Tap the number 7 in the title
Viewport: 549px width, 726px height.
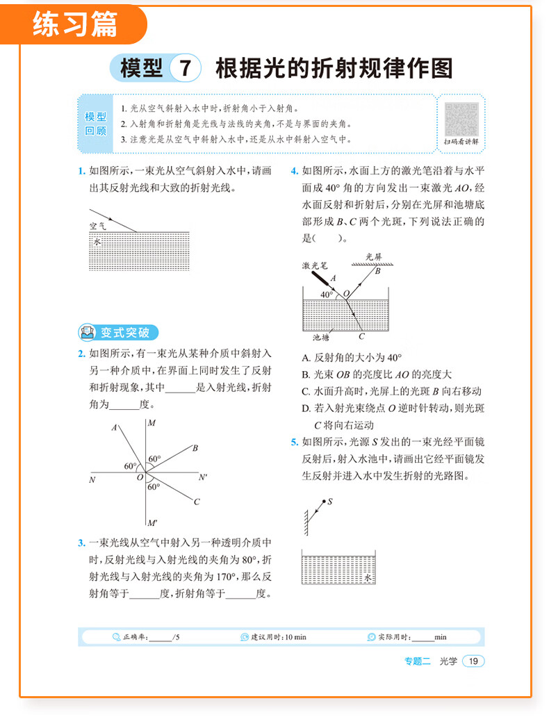click(x=185, y=69)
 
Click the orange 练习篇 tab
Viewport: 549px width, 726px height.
click(x=76, y=24)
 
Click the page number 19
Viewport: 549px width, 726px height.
click(x=473, y=661)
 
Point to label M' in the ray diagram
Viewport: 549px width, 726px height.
click(x=152, y=522)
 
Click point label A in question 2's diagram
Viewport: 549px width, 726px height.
click(x=114, y=428)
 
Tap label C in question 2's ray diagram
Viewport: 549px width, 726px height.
click(x=197, y=502)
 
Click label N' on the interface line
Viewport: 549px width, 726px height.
click(x=203, y=477)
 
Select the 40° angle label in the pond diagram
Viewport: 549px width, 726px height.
click(x=327, y=295)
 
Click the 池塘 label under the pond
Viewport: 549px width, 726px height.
click(x=321, y=338)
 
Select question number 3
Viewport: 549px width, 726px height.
click(x=81, y=543)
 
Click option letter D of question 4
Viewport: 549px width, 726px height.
click(x=306, y=409)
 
